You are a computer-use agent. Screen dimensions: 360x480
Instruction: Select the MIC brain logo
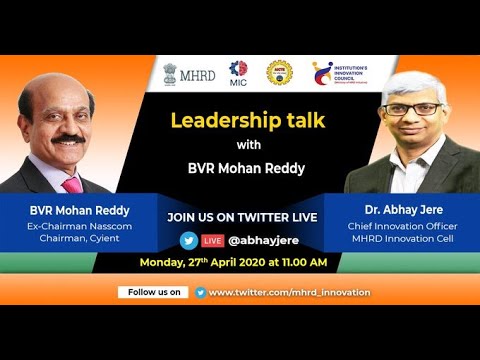pos(238,73)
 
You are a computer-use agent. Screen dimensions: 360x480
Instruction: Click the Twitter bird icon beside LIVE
pos(188,240)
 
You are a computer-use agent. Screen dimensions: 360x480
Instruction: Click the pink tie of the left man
pos(72,183)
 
